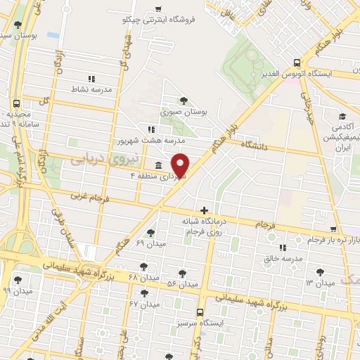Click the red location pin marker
point(181,164)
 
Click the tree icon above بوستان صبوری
point(184,100)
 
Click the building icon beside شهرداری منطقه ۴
point(155,165)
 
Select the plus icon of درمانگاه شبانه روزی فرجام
point(204,210)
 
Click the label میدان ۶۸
point(144,278)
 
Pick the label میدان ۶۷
point(145,304)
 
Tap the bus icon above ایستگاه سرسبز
point(200,311)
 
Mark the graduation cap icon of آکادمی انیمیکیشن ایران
point(342,116)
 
